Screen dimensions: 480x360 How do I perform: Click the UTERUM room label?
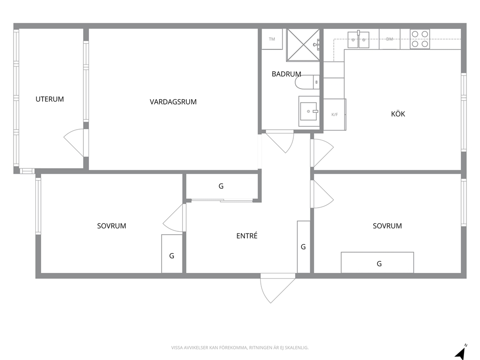(x=49, y=99)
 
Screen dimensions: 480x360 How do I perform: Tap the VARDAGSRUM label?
(x=173, y=102)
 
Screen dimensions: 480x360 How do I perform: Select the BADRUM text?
(x=286, y=74)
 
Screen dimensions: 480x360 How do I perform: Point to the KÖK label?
(x=398, y=114)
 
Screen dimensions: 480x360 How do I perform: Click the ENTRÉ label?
(x=247, y=236)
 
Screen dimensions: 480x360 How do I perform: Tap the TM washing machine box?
(x=272, y=39)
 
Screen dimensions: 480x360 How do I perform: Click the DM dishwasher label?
(x=390, y=39)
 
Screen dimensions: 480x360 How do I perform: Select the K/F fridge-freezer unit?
(x=334, y=115)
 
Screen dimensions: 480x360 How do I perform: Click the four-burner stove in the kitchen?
(x=420, y=39)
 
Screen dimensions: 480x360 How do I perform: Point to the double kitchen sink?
(x=358, y=40)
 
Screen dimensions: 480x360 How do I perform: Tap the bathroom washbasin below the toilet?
(x=309, y=111)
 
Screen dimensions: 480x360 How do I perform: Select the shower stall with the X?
(x=303, y=45)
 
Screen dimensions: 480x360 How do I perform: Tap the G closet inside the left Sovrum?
(x=172, y=254)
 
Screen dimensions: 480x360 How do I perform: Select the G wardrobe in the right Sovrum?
(x=377, y=263)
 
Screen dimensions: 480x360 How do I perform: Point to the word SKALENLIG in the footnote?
(x=298, y=348)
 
